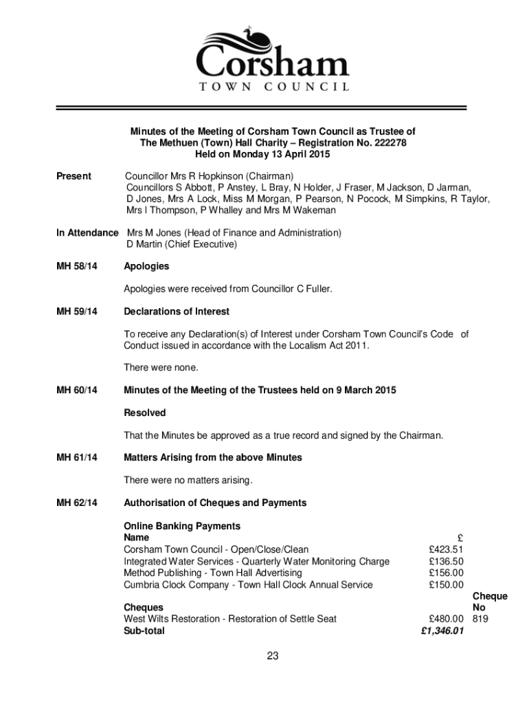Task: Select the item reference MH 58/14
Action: click(76, 266)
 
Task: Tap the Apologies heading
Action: click(146, 266)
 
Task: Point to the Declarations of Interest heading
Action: click(177, 312)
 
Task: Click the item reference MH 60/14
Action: click(76, 390)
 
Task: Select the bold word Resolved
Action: click(144, 413)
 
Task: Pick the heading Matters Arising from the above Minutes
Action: click(212, 457)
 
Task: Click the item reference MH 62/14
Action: click(76, 503)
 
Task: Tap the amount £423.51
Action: click(446, 549)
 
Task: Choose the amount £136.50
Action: click(446, 561)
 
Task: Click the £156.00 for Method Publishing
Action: click(446, 573)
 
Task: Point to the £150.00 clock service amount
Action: click(446, 584)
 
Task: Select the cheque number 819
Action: click(480, 619)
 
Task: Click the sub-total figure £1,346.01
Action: click(442, 630)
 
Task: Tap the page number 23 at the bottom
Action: click(273, 657)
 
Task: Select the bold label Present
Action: click(74, 177)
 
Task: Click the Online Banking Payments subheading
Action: click(182, 526)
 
